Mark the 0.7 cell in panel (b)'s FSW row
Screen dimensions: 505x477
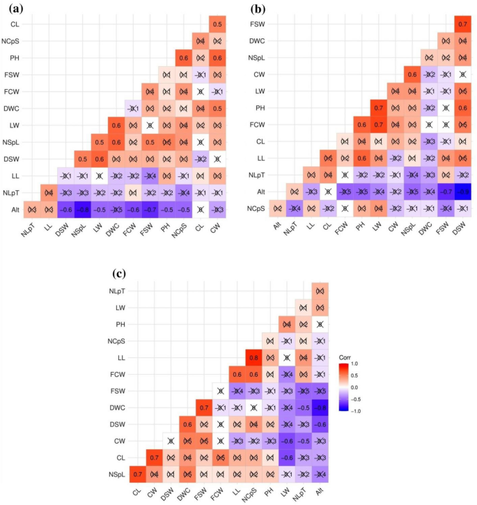coord(462,24)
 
